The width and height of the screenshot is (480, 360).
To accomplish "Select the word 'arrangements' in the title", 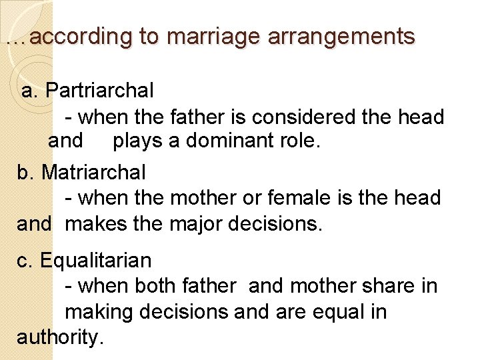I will tap(341, 37).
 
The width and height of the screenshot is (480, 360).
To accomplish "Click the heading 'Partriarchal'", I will tap(100, 89).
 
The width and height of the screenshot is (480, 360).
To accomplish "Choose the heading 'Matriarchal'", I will tap(93, 172).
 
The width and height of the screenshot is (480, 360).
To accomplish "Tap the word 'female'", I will tap(311, 198).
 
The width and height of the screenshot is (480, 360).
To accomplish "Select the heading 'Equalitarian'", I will tap(95, 260).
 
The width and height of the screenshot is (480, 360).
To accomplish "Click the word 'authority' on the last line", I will tap(58, 337).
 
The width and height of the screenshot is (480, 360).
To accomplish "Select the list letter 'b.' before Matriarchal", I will tap(25, 172).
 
